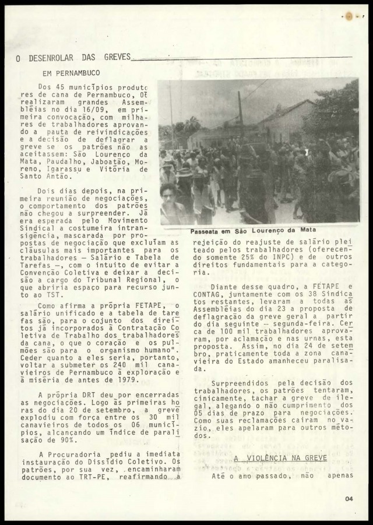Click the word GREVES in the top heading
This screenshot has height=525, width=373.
tap(114, 58)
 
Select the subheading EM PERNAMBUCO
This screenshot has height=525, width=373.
tap(71, 73)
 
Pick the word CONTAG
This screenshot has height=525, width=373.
tap(208, 294)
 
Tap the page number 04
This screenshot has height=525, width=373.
tap(349, 498)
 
